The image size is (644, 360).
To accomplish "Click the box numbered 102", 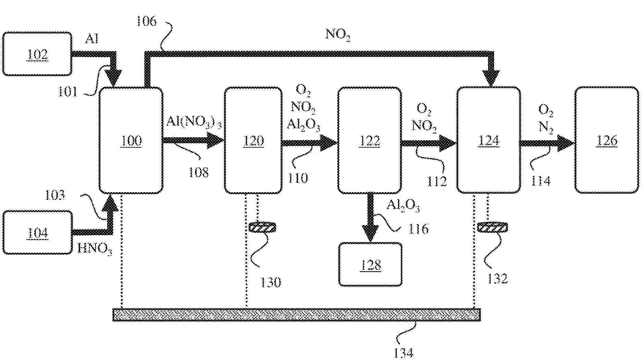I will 37,54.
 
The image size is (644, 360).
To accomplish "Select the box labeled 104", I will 37,232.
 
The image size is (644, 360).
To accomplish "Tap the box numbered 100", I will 131,140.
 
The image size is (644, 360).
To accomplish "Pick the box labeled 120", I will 253,140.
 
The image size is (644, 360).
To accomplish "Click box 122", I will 369,140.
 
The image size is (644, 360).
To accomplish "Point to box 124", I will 488,140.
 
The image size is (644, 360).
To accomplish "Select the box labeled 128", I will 370,264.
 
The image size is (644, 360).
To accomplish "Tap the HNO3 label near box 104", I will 95,248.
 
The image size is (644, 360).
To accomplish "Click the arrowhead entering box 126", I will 565,143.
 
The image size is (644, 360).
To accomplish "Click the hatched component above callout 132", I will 492,227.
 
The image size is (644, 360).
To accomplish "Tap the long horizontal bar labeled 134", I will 296,314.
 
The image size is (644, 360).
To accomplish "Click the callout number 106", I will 146,21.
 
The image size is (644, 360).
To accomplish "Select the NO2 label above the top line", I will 338,35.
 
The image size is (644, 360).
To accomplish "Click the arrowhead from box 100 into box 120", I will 215,140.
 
